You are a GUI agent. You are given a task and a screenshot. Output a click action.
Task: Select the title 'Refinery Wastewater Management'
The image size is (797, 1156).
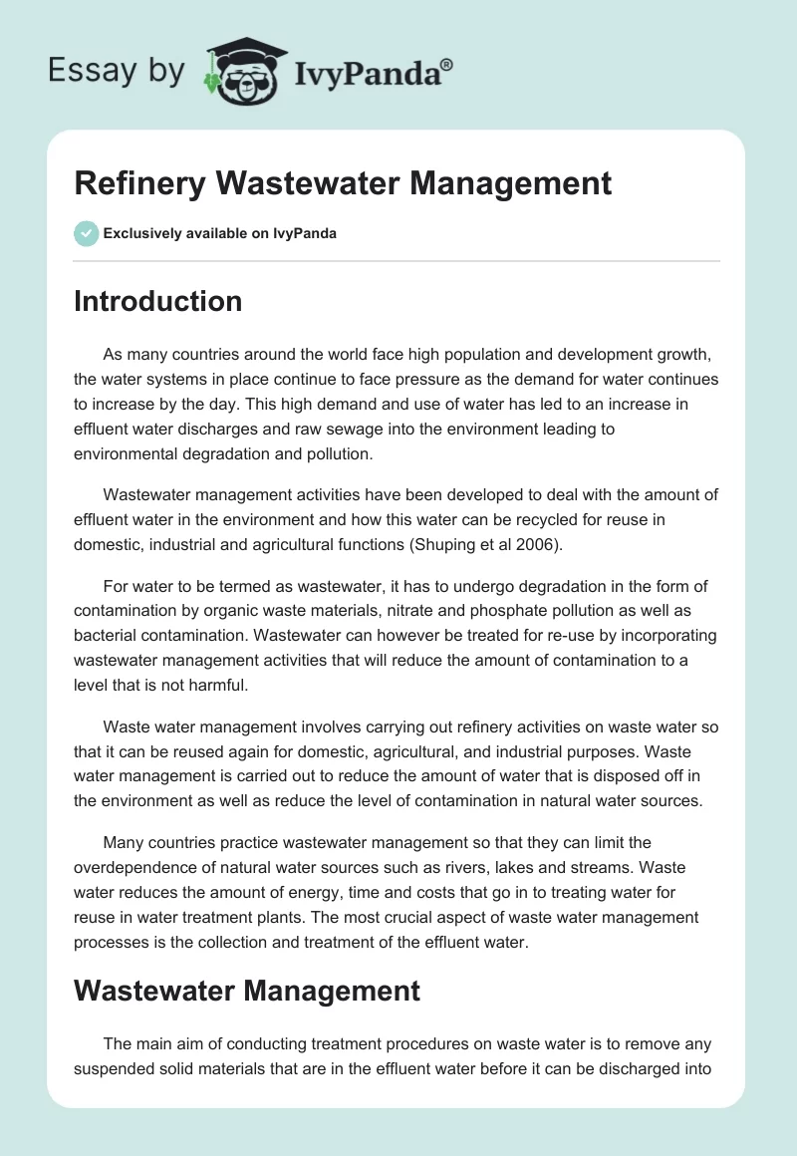point(343,184)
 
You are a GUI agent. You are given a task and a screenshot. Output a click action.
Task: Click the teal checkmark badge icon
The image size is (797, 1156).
point(86,233)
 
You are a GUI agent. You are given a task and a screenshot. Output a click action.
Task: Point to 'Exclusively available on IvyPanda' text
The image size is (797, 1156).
point(220,234)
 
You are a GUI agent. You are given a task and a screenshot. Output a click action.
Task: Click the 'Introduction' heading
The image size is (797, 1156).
point(157,301)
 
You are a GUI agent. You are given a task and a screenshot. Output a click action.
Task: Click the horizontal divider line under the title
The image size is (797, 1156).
point(397,261)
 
